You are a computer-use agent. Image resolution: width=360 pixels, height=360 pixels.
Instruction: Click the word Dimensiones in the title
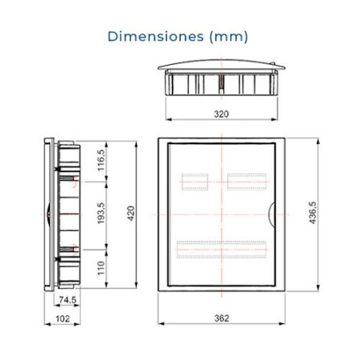156,36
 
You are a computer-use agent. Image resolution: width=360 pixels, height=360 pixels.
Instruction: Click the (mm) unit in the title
229,37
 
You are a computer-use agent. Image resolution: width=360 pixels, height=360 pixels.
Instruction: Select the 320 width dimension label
222,114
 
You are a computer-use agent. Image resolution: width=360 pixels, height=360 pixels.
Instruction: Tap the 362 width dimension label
222,318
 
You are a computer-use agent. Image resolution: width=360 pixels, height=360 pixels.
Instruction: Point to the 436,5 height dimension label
312,213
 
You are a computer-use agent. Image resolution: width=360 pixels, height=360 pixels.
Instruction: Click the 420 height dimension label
130,213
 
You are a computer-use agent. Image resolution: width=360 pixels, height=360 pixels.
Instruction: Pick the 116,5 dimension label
101,160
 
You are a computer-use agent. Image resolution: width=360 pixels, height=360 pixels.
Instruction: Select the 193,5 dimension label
101,213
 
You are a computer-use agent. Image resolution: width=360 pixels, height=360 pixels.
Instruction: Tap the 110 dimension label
101,268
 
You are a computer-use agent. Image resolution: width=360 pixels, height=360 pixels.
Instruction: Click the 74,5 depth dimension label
67,300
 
